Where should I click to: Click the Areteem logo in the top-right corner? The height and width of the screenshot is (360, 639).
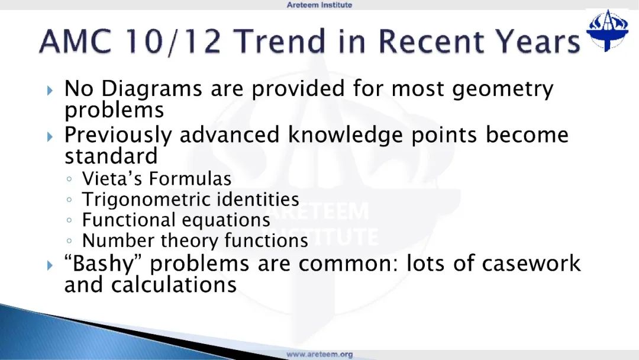pyautogui.click(x=607, y=30)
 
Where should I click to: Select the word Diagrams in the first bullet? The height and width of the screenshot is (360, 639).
pyautogui.click(x=151, y=89)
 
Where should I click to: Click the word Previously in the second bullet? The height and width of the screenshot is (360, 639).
pyautogui.click(x=118, y=136)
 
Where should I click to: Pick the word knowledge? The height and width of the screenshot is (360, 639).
pyautogui.click(x=345, y=136)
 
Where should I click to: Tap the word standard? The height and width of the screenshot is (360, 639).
pyautogui.click(x=111, y=156)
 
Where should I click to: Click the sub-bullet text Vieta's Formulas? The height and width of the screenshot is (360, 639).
pyautogui.click(x=156, y=179)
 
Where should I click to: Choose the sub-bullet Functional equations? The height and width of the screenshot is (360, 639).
pyautogui.click(x=176, y=220)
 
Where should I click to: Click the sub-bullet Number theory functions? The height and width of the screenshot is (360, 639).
pyautogui.click(x=195, y=240)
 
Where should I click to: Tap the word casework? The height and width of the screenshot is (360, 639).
pyautogui.click(x=531, y=263)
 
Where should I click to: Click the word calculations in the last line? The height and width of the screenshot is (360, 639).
pyautogui.click(x=173, y=285)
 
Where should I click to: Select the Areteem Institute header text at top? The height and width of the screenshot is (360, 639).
pyautogui.click(x=319, y=5)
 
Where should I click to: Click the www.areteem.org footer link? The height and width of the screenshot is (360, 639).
pyautogui.click(x=319, y=354)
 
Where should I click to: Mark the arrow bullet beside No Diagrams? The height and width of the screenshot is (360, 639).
pyautogui.click(x=50, y=90)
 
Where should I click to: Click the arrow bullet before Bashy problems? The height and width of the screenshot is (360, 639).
pyautogui.click(x=50, y=265)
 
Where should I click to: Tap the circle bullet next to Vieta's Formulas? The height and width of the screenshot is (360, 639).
pyautogui.click(x=69, y=179)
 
